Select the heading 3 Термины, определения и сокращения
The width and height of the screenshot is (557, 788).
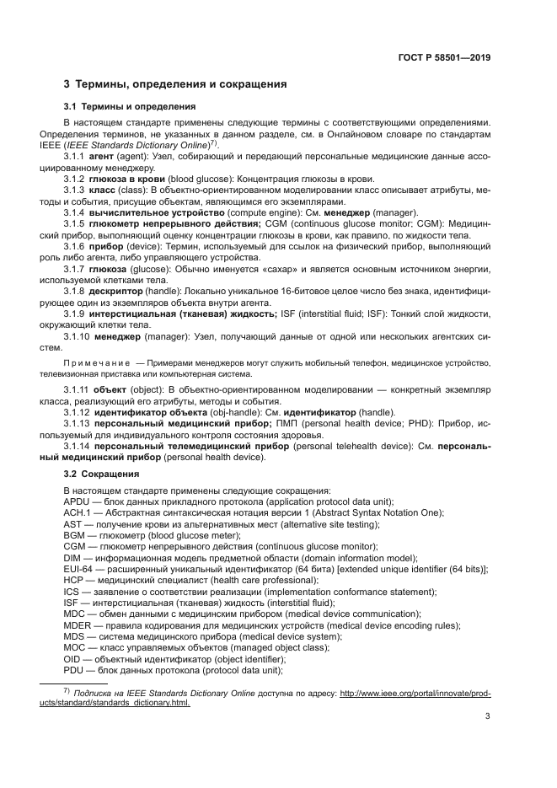tap(175, 84)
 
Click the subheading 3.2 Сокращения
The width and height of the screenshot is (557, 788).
tap(102, 475)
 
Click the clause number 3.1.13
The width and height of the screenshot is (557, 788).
tap(78, 425)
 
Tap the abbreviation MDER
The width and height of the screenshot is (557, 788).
tap(78, 625)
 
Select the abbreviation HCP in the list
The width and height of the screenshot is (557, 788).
tap(74, 582)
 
